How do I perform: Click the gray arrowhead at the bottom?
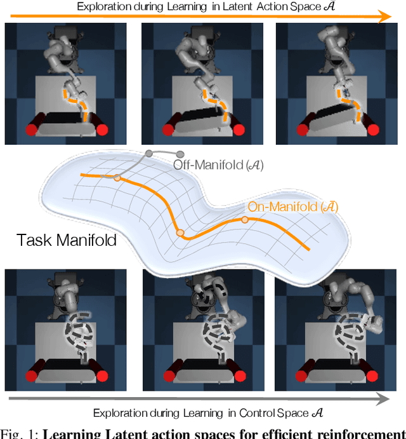pos(384,399)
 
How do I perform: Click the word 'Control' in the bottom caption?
pos(256,413)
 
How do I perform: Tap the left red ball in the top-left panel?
pos(30,130)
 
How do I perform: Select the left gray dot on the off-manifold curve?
pos(149,153)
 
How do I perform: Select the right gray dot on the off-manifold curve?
pos(180,154)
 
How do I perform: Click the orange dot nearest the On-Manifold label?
pos(245,220)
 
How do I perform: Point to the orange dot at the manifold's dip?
pos(180,233)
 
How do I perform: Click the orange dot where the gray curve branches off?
pos(117,178)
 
